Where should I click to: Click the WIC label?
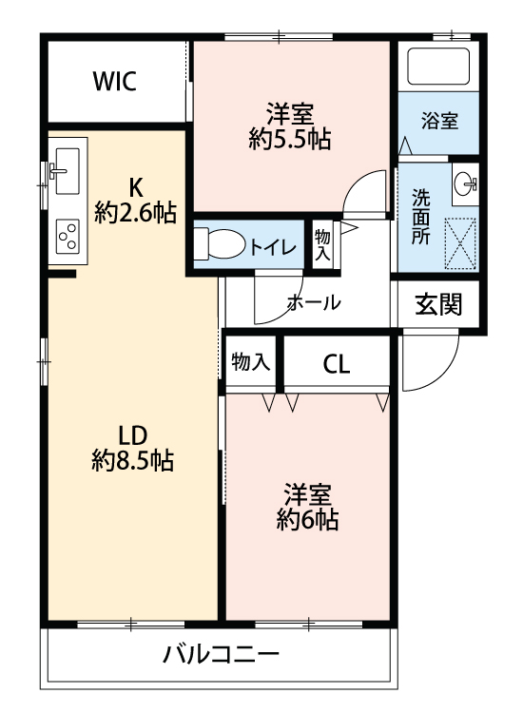pyautogui.click(x=115, y=81)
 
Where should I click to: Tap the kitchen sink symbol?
pyautogui.click(x=64, y=169)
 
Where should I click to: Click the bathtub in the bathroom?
pyautogui.click(x=438, y=67)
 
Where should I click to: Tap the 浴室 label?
pyautogui.click(x=440, y=122)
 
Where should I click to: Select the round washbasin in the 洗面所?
pyautogui.click(x=465, y=184)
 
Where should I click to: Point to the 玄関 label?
pyautogui.click(x=439, y=304)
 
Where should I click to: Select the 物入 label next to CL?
pyautogui.click(x=251, y=362)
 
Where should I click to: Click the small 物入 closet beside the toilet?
pyautogui.click(x=322, y=244)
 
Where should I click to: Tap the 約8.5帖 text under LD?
pyautogui.click(x=132, y=461)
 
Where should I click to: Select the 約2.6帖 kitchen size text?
pyautogui.click(x=135, y=213)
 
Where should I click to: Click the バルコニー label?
pyautogui.click(x=221, y=655)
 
